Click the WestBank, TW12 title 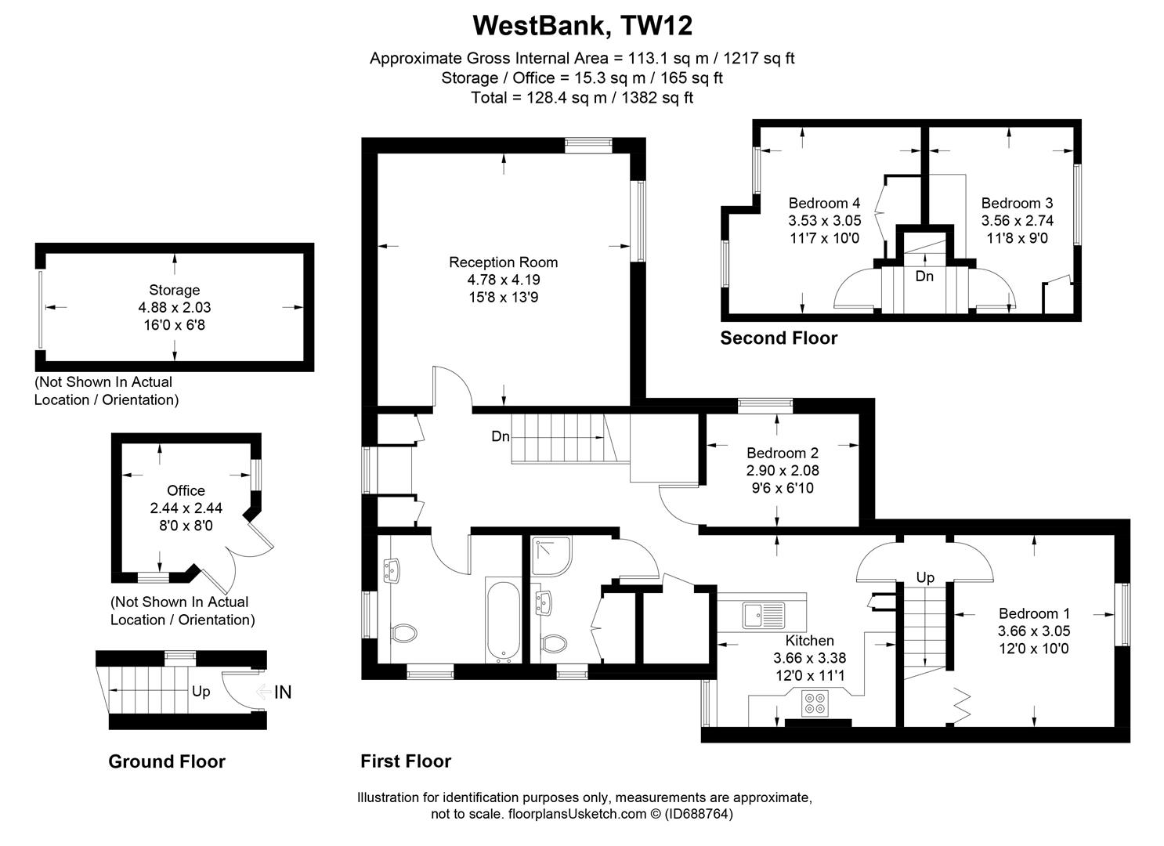[582, 25]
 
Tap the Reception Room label [503, 262]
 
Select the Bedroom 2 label [782, 453]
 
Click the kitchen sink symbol [762, 615]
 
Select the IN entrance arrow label [282, 692]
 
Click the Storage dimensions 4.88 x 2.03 [175, 307]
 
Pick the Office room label [186, 490]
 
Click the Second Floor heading [779, 338]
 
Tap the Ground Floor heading [167, 761]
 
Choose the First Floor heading [406, 761]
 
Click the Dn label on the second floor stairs [924, 277]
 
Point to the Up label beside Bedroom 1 [925, 578]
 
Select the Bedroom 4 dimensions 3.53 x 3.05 [824, 221]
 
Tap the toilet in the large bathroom [404, 632]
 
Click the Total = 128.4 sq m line [582, 98]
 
